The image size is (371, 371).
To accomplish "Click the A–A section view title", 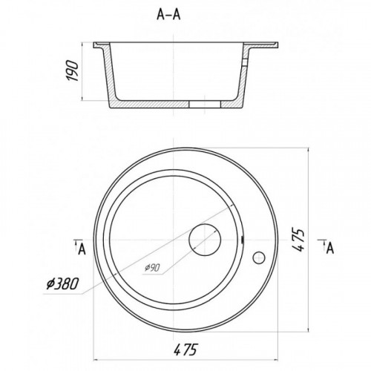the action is [x=168, y=15].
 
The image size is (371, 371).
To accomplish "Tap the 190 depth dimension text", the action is [x=72, y=70].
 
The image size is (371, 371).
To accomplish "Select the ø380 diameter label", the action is [x=62, y=283].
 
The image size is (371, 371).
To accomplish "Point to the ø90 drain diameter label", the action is [x=152, y=268].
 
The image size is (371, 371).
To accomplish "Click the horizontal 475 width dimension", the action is [x=185, y=349].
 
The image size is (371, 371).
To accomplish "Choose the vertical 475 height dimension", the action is [x=298, y=240].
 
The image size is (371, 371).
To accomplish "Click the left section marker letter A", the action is [x=82, y=249].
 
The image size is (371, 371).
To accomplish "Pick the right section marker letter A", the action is [x=330, y=248].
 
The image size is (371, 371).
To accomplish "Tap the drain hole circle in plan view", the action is [x=205, y=240].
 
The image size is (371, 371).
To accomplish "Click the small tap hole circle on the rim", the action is [x=259, y=257].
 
